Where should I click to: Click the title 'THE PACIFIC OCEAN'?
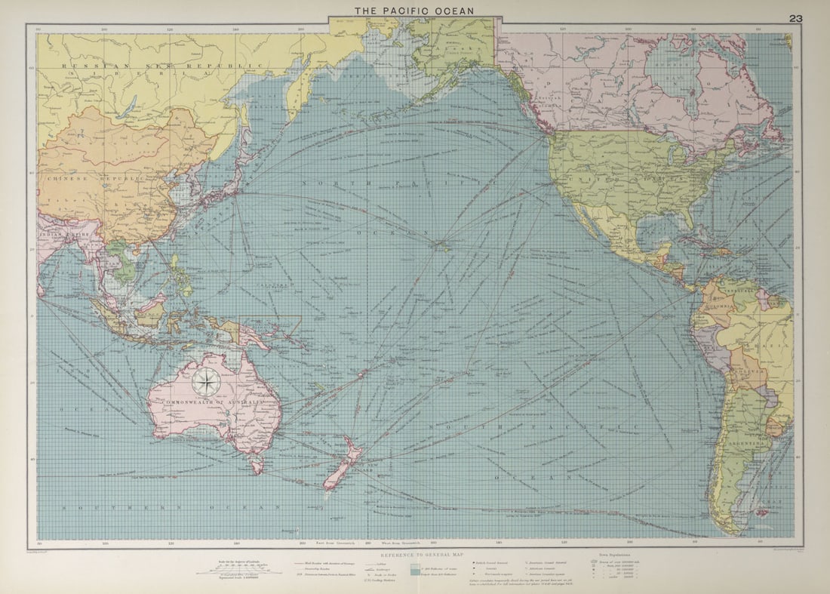[x=414, y=11]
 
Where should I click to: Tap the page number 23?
[x=795, y=19]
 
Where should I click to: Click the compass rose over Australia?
[x=205, y=382]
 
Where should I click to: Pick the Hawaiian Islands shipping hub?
[x=441, y=242]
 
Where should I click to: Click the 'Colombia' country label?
[x=715, y=307]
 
